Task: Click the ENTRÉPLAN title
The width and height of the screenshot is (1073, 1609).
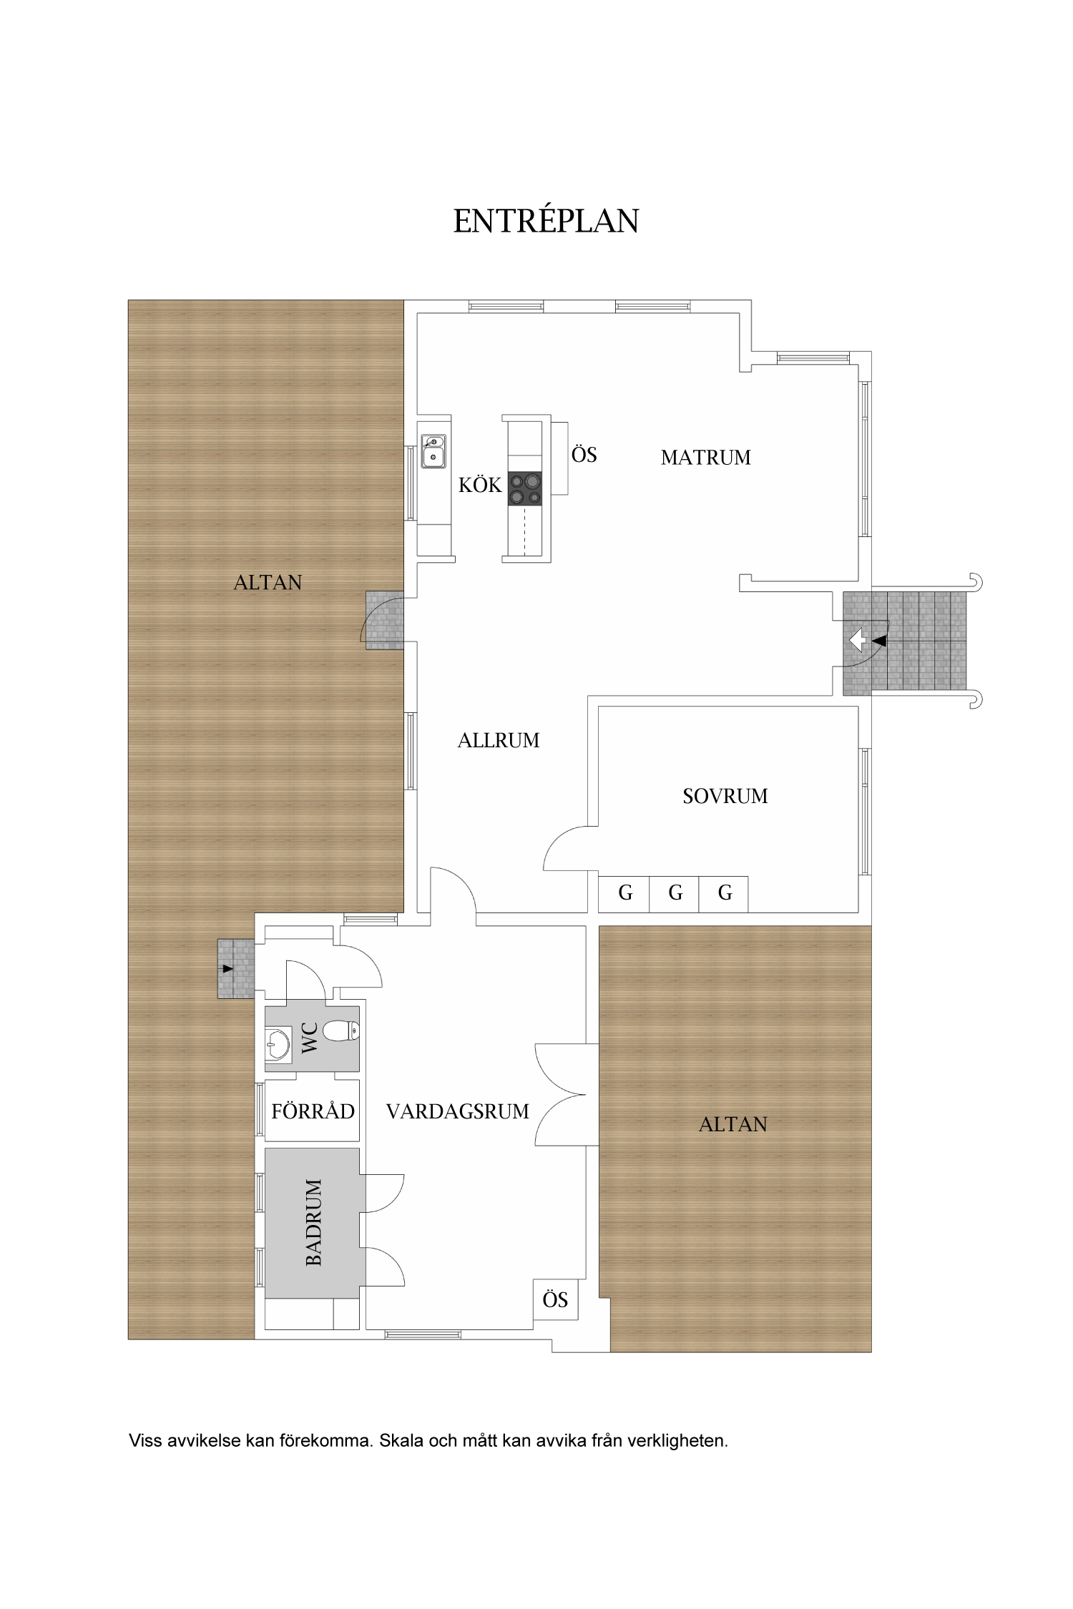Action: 546,222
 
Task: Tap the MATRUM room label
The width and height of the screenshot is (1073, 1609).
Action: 705,458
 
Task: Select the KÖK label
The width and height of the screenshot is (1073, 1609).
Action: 480,485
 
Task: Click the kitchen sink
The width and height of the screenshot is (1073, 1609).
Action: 433,451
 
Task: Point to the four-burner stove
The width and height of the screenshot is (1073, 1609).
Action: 525,489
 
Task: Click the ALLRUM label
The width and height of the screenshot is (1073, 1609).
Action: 499,741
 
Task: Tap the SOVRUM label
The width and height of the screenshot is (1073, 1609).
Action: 725,796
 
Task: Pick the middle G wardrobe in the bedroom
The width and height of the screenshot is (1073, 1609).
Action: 675,894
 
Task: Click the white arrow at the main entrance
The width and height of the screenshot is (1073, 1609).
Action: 857,639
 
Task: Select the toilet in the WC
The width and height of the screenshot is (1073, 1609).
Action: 341,1030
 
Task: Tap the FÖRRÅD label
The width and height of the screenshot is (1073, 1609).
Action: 313,1111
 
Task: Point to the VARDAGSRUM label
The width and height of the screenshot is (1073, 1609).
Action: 458,1111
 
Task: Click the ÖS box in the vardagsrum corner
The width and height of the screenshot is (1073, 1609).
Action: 555,1299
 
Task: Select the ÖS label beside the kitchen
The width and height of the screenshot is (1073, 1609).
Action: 584,455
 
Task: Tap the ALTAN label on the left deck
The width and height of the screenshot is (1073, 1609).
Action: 268,583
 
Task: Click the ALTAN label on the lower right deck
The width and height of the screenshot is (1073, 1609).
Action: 733,1125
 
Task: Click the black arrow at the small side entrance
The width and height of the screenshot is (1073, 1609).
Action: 227,969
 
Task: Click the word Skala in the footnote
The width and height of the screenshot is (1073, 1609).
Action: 401,1440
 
